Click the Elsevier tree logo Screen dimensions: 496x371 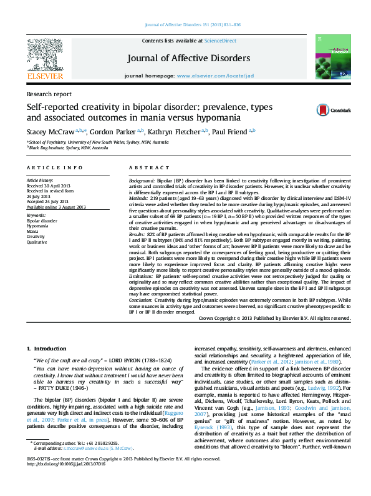(44, 57)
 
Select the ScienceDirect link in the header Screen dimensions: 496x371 (221, 40)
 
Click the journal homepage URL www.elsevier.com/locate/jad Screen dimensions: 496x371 (216, 75)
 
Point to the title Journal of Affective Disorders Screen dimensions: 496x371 (189, 58)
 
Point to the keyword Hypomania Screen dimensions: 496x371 (38, 226)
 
